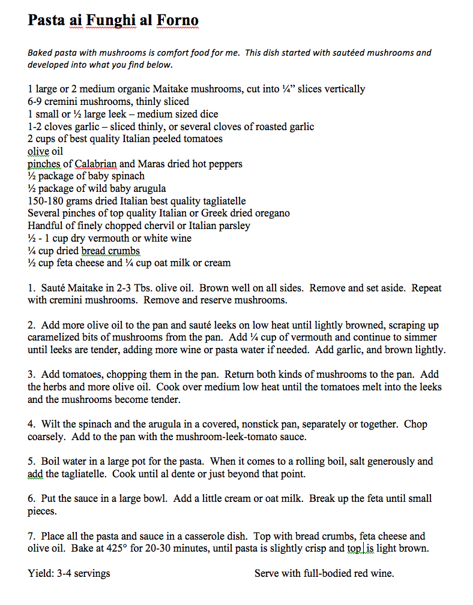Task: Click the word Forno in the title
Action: [178, 21]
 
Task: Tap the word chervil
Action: [152, 226]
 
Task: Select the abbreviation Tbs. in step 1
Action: [149, 288]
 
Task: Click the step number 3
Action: [31, 375]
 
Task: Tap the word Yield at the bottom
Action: [40, 573]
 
